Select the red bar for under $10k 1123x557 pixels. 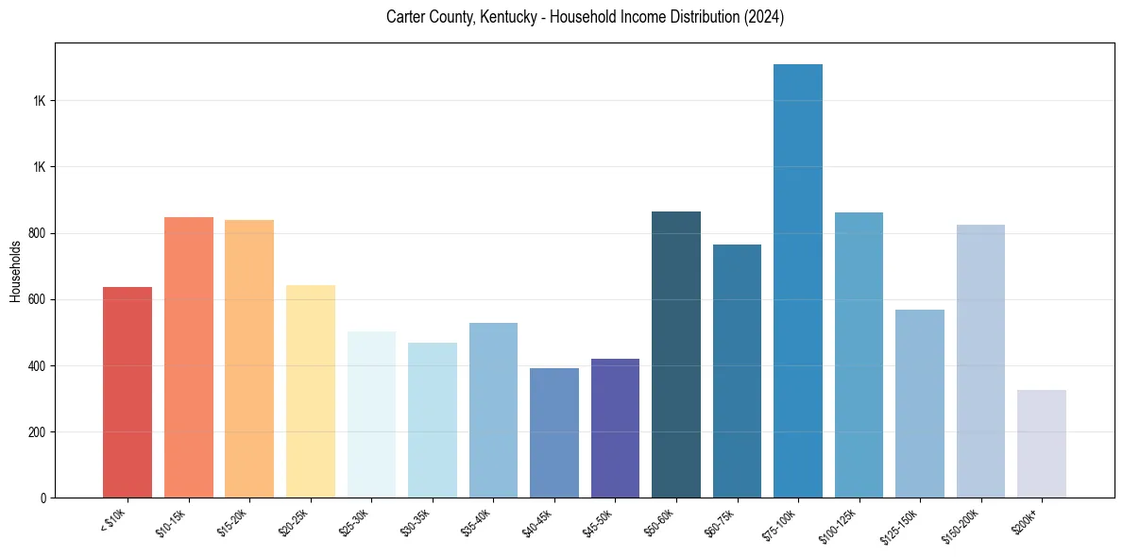pyautogui.click(x=128, y=392)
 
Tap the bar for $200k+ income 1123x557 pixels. pyautogui.click(x=1041, y=444)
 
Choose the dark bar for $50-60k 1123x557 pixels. pyautogui.click(x=675, y=354)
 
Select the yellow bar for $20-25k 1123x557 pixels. pyautogui.click(x=310, y=391)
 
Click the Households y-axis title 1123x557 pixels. pyautogui.click(x=15, y=271)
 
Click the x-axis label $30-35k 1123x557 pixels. pyautogui.click(x=416, y=522)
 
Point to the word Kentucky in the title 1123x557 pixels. pyautogui.click(x=496, y=17)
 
